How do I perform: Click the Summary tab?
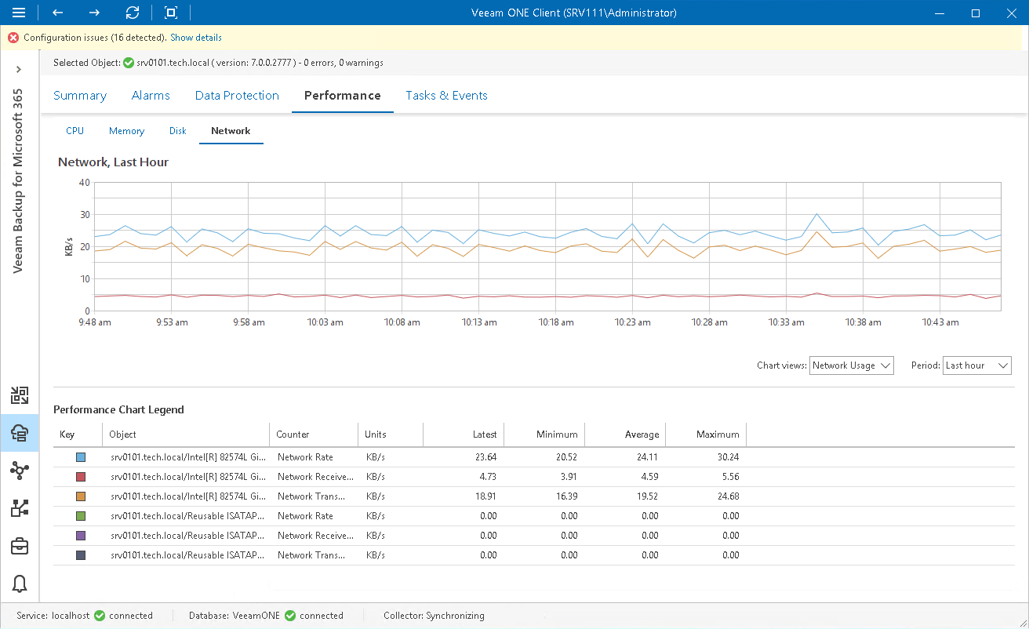tap(80, 96)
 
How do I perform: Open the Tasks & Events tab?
tap(446, 96)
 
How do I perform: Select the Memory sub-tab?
tap(126, 131)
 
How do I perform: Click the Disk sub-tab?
tap(178, 131)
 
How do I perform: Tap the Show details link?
tap(196, 38)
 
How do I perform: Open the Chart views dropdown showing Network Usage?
tap(852, 365)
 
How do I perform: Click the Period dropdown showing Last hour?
tap(977, 365)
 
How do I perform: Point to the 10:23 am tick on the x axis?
tap(632, 322)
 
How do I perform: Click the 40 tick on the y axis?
tap(85, 183)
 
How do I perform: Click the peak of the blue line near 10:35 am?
tap(816, 214)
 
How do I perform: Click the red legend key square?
tap(80, 477)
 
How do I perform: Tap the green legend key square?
tap(80, 516)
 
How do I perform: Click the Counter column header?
tap(293, 434)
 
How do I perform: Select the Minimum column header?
tap(557, 434)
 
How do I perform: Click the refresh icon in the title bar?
tap(133, 13)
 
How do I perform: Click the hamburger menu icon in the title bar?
tap(19, 13)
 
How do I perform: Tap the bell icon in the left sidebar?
tap(20, 584)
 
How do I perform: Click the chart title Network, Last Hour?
tap(114, 162)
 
